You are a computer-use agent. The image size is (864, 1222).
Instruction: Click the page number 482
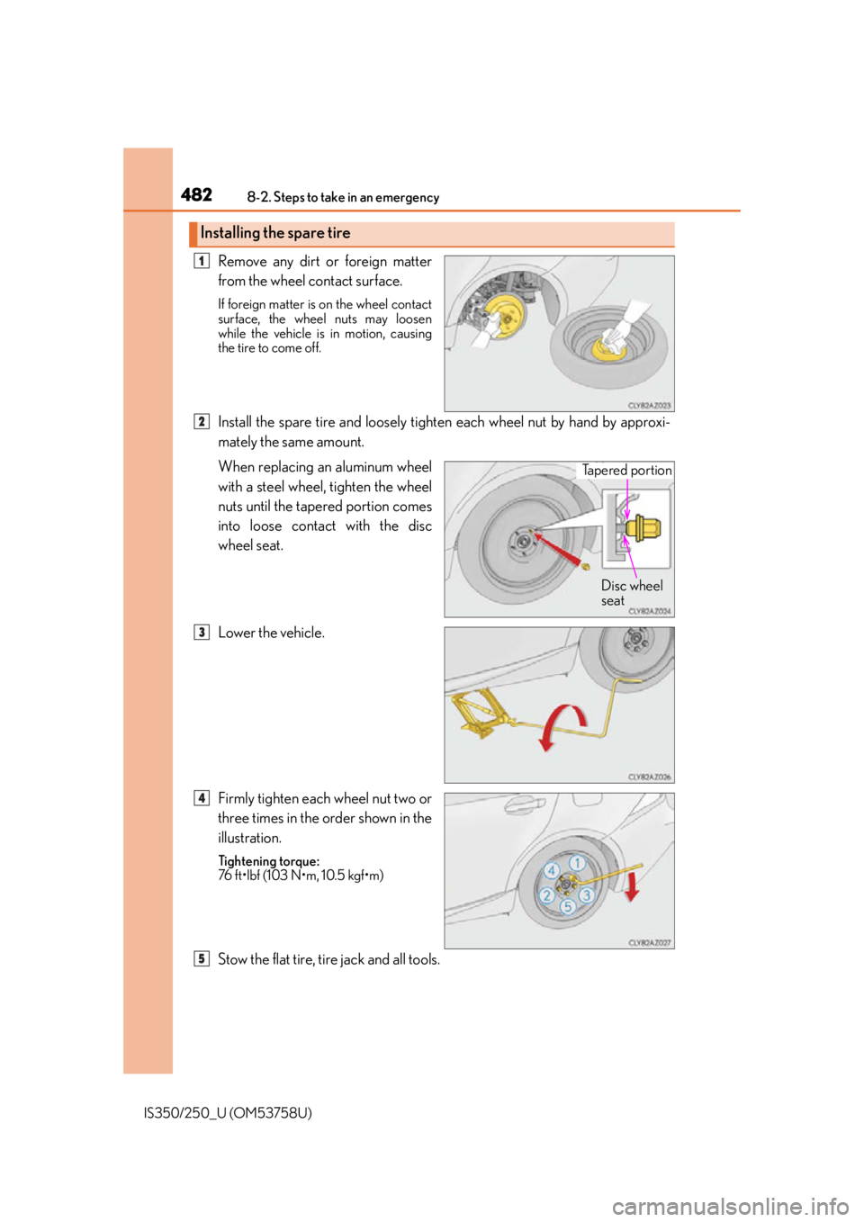click(196, 194)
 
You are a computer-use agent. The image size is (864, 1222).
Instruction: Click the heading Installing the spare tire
click(274, 233)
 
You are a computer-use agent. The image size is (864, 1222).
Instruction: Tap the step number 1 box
click(202, 262)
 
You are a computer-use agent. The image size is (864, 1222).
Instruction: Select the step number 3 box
click(202, 633)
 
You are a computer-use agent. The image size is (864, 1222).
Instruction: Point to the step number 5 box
click(202, 958)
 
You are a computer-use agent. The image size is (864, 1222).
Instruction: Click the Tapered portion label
click(626, 471)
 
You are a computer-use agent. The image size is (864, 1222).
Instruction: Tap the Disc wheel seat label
click(632, 593)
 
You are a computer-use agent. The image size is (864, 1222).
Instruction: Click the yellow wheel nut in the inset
click(643, 528)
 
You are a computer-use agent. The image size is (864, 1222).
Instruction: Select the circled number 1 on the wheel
click(577, 863)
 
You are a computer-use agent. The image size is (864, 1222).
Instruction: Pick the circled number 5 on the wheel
click(568, 906)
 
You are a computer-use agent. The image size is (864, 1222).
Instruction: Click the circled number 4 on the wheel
click(552, 870)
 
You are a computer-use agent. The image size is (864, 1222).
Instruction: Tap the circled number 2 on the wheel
click(546, 895)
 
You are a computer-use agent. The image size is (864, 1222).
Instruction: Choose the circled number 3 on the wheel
click(587, 894)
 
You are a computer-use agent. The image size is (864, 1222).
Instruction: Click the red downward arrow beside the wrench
click(632, 887)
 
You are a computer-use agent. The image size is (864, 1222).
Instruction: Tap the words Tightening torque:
click(269, 861)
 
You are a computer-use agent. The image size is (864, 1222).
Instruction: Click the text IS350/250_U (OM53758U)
click(228, 1113)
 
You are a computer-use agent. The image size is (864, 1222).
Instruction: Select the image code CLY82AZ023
click(650, 406)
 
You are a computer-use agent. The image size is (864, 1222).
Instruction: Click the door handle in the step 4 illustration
click(525, 804)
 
